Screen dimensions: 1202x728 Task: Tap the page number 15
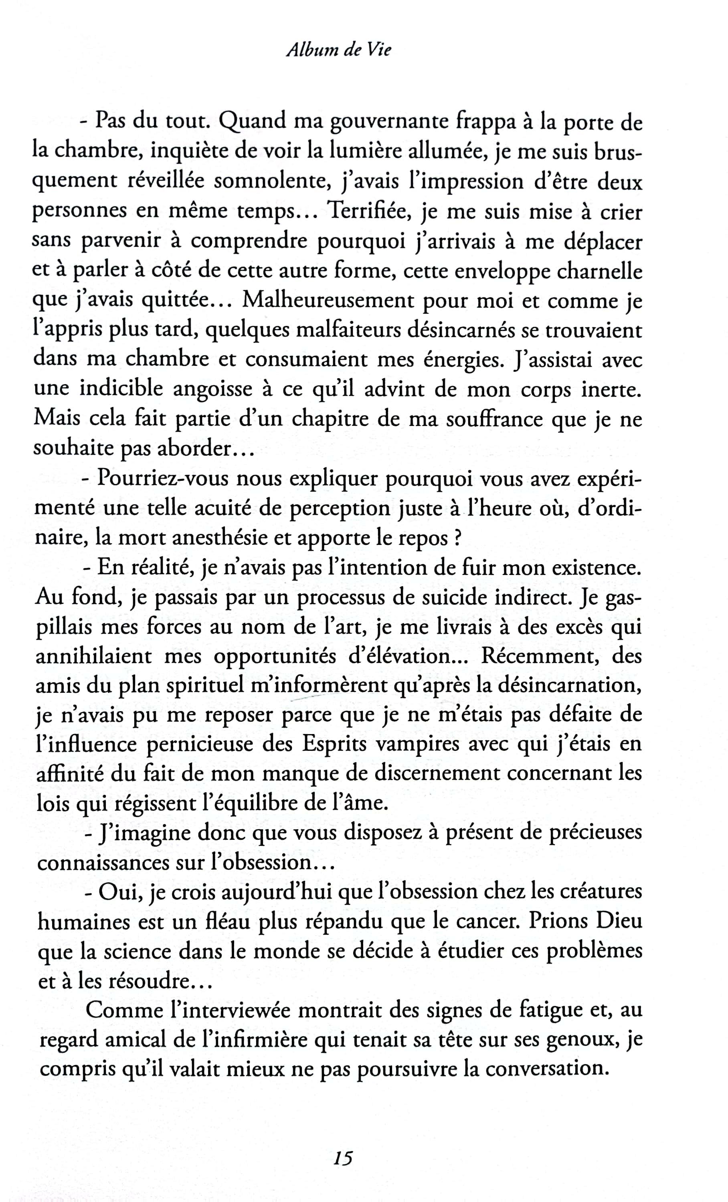click(344, 1158)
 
